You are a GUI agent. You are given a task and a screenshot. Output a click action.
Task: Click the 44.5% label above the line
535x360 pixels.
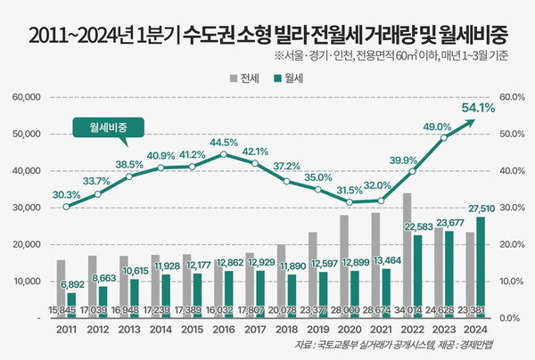[223, 142]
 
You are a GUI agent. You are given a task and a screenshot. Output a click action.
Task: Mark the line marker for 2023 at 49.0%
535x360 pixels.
[444, 137]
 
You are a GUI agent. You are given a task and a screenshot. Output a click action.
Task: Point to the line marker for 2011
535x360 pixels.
[66, 207]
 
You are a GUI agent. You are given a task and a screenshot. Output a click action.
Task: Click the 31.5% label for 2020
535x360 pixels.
[350, 190]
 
